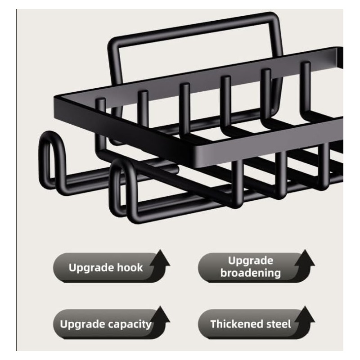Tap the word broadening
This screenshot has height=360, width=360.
251,273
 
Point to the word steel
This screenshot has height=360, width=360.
276,324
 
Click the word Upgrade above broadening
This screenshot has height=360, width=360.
251,261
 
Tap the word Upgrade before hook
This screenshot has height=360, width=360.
91,268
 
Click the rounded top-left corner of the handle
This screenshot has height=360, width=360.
113,42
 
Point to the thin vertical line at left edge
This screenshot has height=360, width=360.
17,180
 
